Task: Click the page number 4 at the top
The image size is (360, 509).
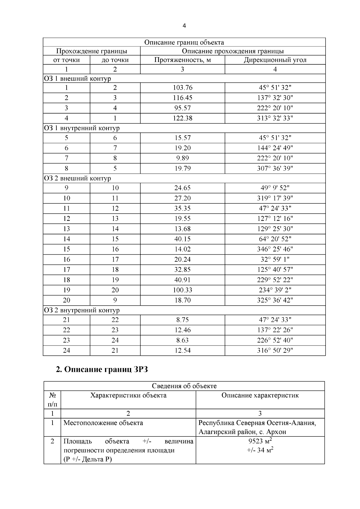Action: (184, 26)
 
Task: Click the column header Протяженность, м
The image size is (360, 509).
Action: (182, 60)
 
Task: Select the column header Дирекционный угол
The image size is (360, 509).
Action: (275, 60)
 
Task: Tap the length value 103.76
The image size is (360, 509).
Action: (182, 88)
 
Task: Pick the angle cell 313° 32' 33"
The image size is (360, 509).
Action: (275, 118)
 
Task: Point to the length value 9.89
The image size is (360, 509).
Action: (182, 158)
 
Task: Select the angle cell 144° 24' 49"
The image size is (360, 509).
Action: (275, 148)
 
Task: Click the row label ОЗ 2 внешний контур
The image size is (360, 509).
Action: (77, 178)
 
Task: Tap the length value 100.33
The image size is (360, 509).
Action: (182, 290)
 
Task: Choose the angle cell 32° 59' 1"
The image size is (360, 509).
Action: (275, 259)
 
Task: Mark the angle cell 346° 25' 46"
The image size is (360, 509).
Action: (275, 249)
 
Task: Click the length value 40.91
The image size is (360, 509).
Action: (182, 280)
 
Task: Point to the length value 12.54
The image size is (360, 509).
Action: (182, 350)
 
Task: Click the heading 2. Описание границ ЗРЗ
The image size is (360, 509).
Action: (102, 370)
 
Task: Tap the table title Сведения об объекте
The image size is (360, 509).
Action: (184, 386)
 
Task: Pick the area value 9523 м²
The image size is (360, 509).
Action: (260, 441)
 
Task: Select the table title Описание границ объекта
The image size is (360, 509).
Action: (184, 42)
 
